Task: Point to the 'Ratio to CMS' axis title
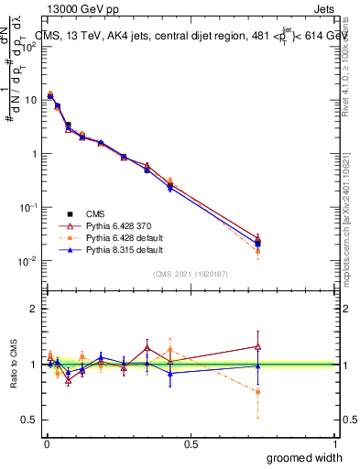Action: tap(11, 364)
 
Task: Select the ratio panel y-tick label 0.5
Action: tap(29, 420)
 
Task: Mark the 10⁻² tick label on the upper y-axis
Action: tap(31, 261)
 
